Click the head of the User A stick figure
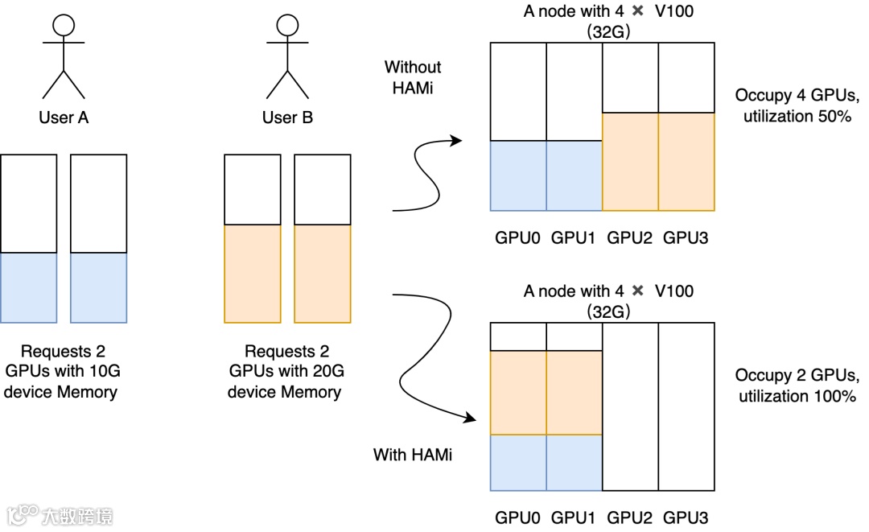(64, 25)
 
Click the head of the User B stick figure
(287, 25)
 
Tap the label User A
(64, 118)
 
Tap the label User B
(287, 118)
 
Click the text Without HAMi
(413, 77)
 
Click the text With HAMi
(413, 455)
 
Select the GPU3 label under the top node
(686, 237)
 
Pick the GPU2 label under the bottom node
(630, 518)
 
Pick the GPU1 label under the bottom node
(575, 518)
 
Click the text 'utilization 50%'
(797, 116)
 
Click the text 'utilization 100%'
(797, 396)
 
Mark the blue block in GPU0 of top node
(519, 175)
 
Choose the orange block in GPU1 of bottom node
(575, 393)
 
